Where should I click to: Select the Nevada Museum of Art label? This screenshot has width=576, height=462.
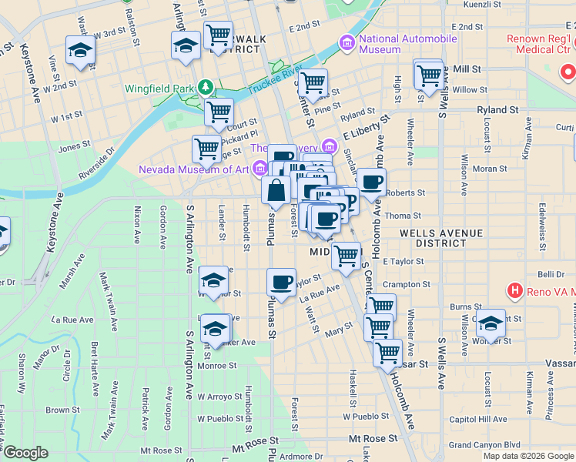pyautogui.click(x=196, y=169)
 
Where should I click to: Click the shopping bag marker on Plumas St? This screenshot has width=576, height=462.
pyautogui.click(x=276, y=191)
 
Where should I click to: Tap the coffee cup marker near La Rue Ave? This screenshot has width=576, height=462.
pyautogui.click(x=281, y=282)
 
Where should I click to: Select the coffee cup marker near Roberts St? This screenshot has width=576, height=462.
pyautogui.click(x=371, y=182)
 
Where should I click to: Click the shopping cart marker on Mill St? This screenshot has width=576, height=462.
pyautogui.click(x=430, y=75)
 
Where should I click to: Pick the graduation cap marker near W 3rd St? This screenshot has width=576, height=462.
pyautogui.click(x=80, y=50)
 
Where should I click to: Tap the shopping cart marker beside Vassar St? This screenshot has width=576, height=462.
pyautogui.click(x=387, y=353)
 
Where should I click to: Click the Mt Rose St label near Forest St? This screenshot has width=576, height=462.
pyautogui.click(x=373, y=437)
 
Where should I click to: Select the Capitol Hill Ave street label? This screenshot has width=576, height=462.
pyautogui.click(x=477, y=420)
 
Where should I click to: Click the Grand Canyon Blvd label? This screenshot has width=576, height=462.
pyautogui.click(x=485, y=444)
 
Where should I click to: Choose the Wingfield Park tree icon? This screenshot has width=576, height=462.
pyautogui.click(x=205, y=86)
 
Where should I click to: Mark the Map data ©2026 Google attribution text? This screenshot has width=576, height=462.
pyautogui.click(x=528, y=456)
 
